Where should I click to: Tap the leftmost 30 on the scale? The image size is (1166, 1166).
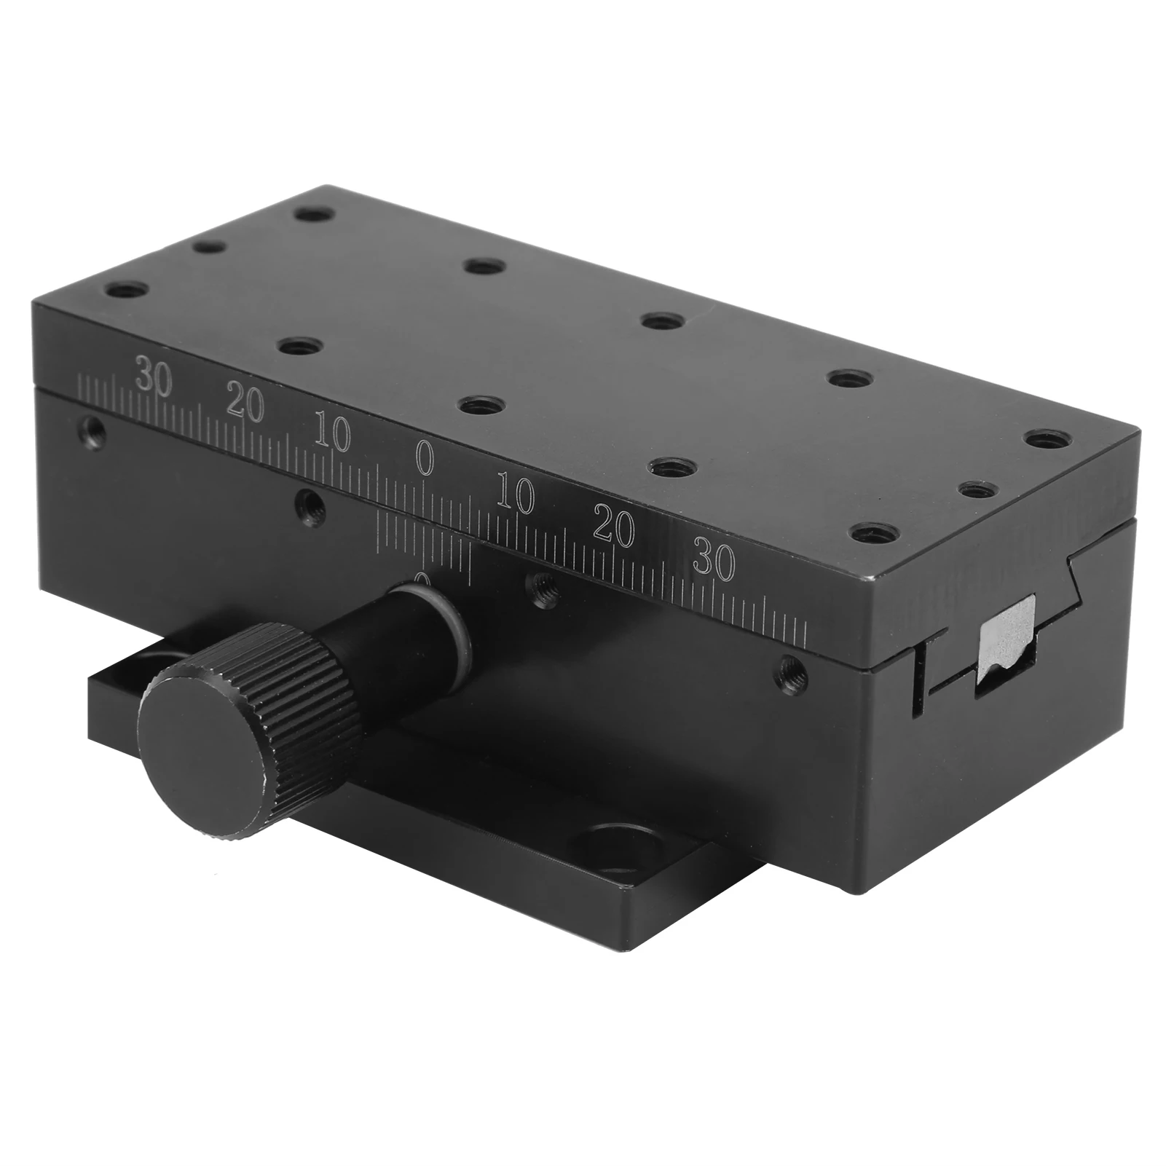click(x=154, y=379)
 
